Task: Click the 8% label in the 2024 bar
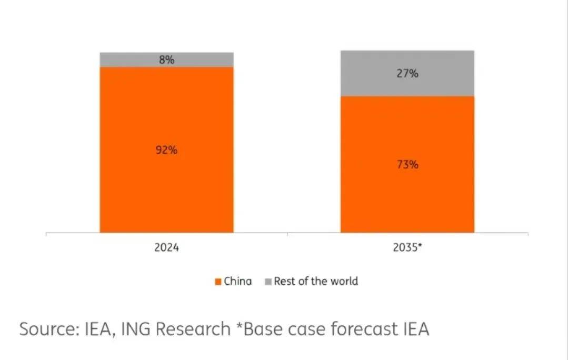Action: point(166,60)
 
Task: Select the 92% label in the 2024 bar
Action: point(166,150)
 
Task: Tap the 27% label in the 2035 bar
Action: point(407,74)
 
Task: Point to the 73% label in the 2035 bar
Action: point(407,165)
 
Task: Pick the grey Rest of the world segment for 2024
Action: point(132,59)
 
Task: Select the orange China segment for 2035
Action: point(407,200)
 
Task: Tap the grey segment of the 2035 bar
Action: point(368,74)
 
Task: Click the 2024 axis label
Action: point(166,247)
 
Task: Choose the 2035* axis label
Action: point(407,247)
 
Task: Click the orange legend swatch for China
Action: point(218,282)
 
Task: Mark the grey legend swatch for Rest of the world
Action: point(268,282)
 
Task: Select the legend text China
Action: point(238,282)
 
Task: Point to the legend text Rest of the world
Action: point(316,282)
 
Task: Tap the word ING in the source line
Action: point(138,329)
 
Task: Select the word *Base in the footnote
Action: point(256,329)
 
